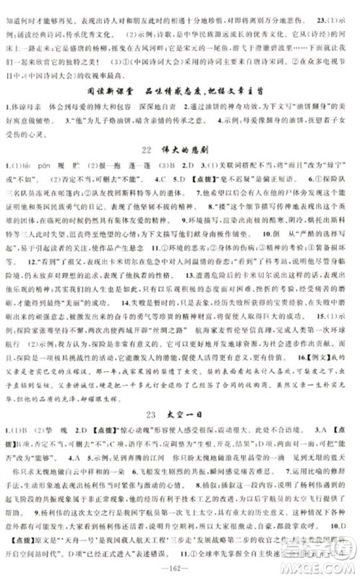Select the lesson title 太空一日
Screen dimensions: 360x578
(x=189, y=414)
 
